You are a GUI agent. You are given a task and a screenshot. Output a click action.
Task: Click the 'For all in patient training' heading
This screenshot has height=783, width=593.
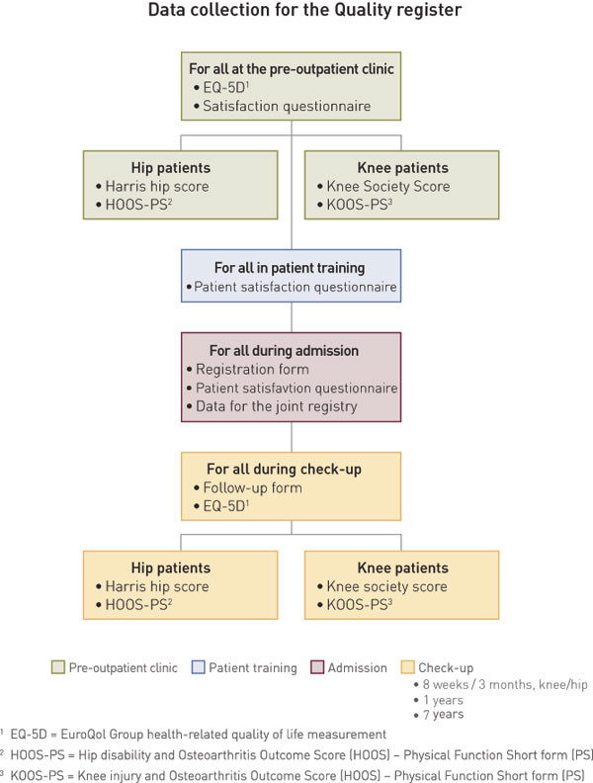click(x=291, y=268)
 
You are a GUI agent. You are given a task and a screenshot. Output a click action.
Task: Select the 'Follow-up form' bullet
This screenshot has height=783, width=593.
click(x=251, y=488)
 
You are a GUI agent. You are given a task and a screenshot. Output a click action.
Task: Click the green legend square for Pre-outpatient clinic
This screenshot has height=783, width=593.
click(x=57, y=667)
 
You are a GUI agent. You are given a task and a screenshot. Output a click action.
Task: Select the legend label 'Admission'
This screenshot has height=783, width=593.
click(x=358, y=667)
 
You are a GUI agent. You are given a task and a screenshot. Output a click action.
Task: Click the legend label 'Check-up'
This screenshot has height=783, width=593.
click(x=446, y=667)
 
